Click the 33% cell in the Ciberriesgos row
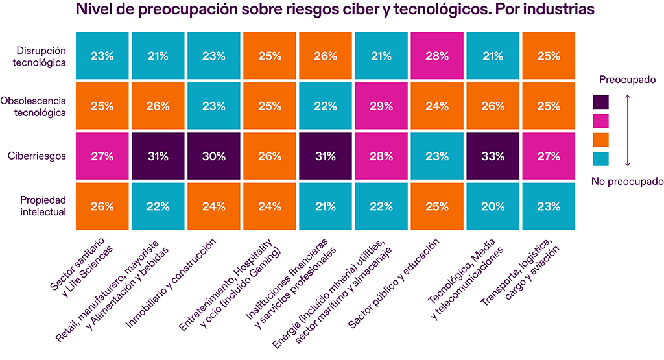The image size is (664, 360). click(493, 156)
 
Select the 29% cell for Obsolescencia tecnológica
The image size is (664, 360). click(381, 106)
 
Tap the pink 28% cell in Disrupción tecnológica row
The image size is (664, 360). click(437, 56)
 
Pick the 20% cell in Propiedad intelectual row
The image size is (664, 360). click(493, 207)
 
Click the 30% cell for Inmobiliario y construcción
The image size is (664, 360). click(214, 156)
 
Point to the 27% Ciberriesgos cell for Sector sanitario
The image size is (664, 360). click(102, 156)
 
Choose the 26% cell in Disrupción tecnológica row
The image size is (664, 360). click(325, 56)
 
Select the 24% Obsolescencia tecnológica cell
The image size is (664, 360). click(437, 106)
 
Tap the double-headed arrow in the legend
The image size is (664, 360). click(627, 130)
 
